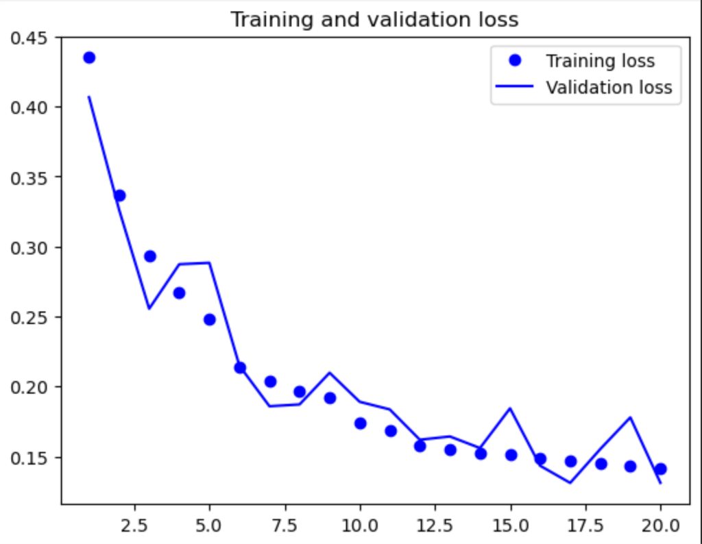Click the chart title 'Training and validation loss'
coord(374,19)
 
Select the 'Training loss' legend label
coord(600,61)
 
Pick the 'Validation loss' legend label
coord(609,88)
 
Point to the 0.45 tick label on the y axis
coord(29,37)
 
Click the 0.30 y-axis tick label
coord(29,247)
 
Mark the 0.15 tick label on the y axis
coord(29,457)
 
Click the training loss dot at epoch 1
coord(89,58)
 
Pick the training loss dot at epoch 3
coord(149,256)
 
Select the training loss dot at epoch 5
coord(210,319)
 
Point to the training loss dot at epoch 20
coord(660,469)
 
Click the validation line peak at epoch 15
coord(510,408)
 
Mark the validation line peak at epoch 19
coord(630,417)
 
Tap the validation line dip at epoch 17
coord(570,483)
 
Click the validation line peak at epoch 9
coord(330,373)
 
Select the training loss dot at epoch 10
coord(360,423)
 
